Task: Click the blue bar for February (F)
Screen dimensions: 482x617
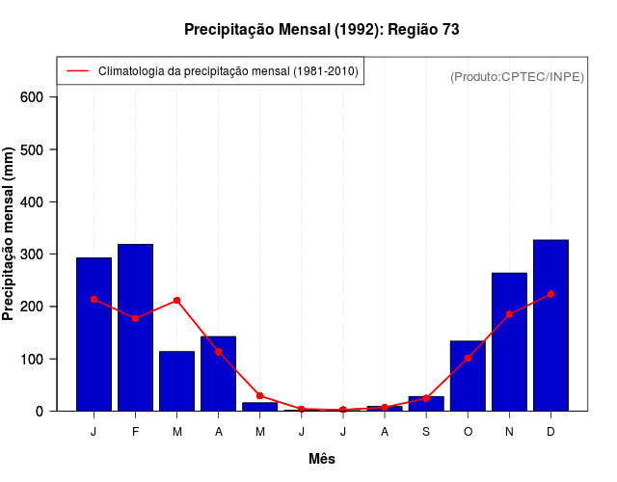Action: pyautogui.click(x=135, y=328)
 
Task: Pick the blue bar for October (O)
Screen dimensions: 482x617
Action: pyautogui.click(x=468, y=376)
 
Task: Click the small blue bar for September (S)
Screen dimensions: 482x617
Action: pyautogui.click(x=426, y=404)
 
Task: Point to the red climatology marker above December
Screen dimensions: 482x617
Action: pyautogui.click(x=550, y=294)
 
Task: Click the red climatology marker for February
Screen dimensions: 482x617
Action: pyautogui.click(x=135, y=318)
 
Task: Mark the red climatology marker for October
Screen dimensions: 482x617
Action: pyautogui.click(x=468, y=359)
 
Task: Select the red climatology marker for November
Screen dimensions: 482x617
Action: pyautogui.click(x=509, y=314)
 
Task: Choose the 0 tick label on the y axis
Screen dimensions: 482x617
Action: pyautogui.click(x=39, y=411)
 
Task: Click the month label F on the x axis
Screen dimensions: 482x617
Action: pyautogui.click(x=135, y=432)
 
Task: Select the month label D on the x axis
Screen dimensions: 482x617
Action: pyautogui.click(x=550, y=432)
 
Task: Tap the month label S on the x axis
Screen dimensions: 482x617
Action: pyautogui.click(x=426, y=432)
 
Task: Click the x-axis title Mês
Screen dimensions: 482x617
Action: pyautogui.click(x=322, y=460)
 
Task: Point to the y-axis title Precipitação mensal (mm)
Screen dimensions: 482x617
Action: pyautogui.click(x=10, y=233)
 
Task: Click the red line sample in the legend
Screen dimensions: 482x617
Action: pyautogui.click(x=78, y=71)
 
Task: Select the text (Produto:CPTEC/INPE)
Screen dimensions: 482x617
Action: pyautogui.click(x=517, y=77)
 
